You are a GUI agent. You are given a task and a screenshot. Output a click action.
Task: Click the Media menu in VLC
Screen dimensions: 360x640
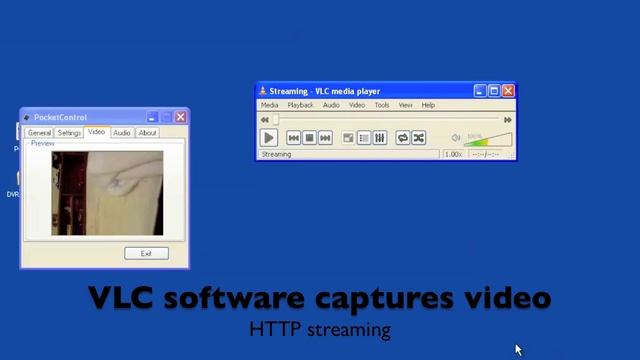coord(270,105)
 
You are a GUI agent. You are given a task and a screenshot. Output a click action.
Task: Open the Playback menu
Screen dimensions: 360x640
coord(300,105)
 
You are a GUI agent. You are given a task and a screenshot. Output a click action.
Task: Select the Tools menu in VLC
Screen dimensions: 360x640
coord(382,105)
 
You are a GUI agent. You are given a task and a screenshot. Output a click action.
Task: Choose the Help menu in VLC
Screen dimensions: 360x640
coord(428,105)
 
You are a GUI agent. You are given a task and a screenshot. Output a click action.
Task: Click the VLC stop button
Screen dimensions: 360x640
coord(310,138)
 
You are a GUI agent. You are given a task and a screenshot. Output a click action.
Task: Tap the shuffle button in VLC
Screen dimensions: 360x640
coord(419,138)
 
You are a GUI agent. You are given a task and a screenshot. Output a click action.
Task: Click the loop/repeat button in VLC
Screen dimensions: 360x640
coord(403,138)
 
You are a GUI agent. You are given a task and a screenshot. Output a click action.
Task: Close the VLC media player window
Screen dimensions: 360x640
coord(508,91)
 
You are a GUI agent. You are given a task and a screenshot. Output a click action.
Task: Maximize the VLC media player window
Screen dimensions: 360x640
coord(494,91)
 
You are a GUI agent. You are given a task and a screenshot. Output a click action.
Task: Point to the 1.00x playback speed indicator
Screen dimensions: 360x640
coord(453,155)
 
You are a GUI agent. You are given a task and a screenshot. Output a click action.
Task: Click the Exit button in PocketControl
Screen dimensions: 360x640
coord(146,253)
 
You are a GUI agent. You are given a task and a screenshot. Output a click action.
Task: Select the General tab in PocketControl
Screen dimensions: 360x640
coord(39,133)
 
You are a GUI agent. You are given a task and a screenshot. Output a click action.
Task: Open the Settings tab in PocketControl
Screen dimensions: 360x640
coord(69,133)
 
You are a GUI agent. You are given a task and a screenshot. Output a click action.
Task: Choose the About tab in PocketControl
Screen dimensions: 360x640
coord(147,133)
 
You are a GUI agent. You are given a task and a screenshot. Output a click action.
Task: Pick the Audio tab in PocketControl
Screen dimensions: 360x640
coord(121,133)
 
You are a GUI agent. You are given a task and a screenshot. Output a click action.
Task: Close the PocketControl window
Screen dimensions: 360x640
coord(180,117)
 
